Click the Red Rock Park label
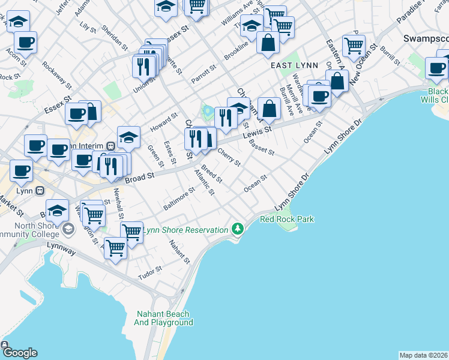(x=286, y=220)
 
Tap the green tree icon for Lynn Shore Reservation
(x=238, y=229)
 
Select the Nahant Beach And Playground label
(x=163, y=318)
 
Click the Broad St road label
(x=140, y=176)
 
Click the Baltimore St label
(x=179, y=199)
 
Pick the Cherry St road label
(x=229, y=157)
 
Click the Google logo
(x=19, y=352)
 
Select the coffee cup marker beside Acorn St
(x=25, y=43)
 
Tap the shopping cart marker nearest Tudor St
(x=115, y=247)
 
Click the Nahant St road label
(x=179, y=252)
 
